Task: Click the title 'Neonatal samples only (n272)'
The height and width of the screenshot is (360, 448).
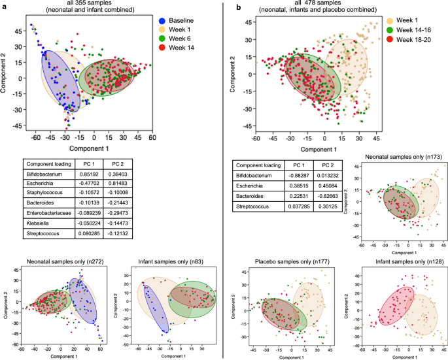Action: (62, 263)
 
